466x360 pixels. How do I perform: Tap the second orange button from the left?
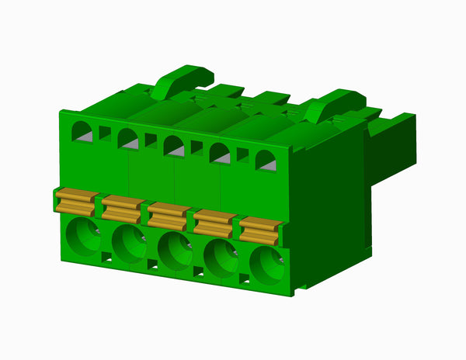pyautogui.click(x=122, y=208)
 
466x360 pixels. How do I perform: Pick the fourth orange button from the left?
pyautogui.click(x=214, y=223)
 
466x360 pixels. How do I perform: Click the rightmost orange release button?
pyautogui.click(x=261, y=230)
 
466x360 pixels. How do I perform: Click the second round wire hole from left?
pyautogui.click(x=127, y=244)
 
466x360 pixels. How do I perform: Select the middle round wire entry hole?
pyautogui.click(x=174, y=251)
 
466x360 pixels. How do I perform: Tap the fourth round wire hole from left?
pyautogui.click(x=221, y=258)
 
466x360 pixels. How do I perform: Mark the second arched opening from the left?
pyautogui.click(x=127, y=139)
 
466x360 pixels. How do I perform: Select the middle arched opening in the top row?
pyautogui.click(x=173, y=146)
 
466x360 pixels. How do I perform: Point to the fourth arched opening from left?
pyautogui.click(x=220, y=153)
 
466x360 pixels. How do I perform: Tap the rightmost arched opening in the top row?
pyautogui.click(x=266, y=161)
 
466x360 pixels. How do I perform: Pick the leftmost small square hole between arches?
pyautogui.click(x=105, y=133)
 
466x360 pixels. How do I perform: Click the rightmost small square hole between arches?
pyautogui.click(x=242, y=154)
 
